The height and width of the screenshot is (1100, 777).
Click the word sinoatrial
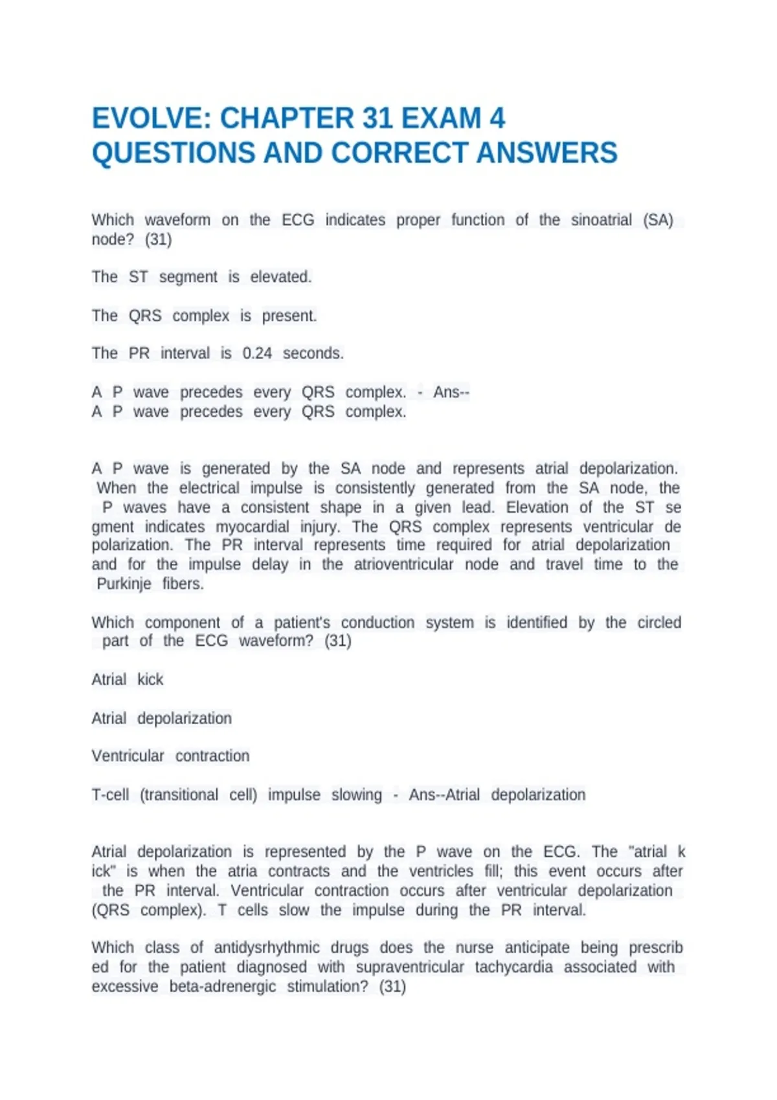pos(601,220)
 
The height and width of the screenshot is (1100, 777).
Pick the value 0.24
pos(257,353)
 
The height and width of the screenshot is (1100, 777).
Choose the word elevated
pos(281,277)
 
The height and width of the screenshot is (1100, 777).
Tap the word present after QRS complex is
pos(289,316)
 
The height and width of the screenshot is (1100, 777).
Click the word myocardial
pos(253,527)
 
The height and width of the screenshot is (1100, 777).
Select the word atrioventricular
pos(403,564)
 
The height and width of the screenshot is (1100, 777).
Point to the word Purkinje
pos(124,584)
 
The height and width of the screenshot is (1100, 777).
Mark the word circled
pos(659,622)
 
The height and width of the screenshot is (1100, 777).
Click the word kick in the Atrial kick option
pos(150,679)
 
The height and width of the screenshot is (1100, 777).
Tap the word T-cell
pos(110,795)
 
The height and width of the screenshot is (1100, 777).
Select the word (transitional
pos(179,795)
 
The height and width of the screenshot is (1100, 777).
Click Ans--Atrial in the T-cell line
pos(444,795)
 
